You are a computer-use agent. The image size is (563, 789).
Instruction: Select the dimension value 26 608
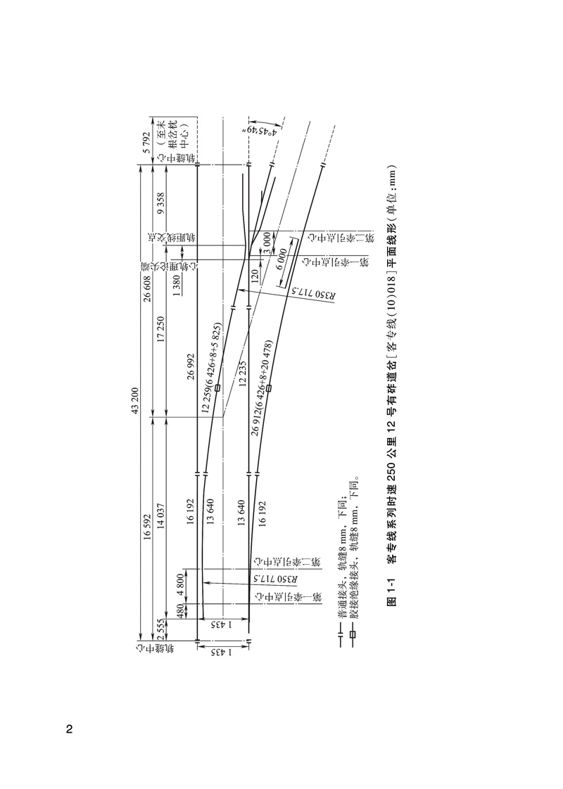147,290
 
